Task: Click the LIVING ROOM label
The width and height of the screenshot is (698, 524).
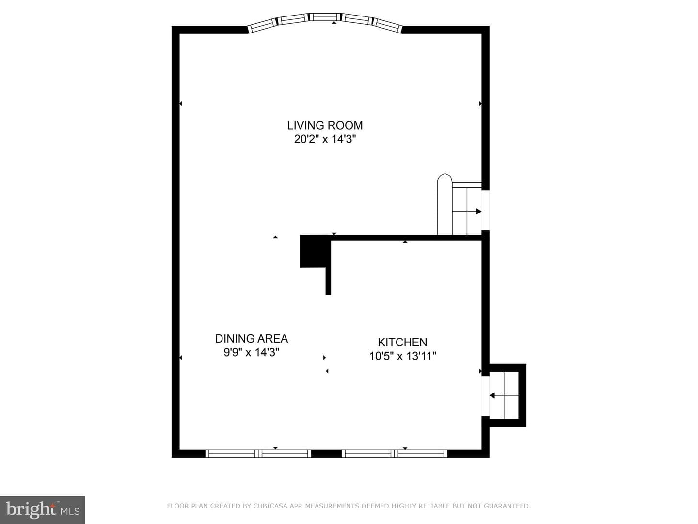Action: click(x=325, y=125)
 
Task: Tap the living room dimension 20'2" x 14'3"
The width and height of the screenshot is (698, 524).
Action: click(x=325, y=139)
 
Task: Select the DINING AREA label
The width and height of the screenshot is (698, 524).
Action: click(x=252, y=339)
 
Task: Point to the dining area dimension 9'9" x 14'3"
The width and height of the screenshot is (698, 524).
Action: click(x=252, y=353)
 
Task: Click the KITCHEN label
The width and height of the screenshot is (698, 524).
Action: click(x=402, y=343)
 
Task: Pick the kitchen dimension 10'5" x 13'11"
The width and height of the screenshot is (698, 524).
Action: click(x=403, y=356)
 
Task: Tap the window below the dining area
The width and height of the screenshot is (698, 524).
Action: click(x=258, y=453)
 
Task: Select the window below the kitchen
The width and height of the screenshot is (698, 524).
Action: click(x=394, y=453)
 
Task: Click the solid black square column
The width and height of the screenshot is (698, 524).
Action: click(x=313, y=251)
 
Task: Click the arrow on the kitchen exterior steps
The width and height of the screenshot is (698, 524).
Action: click(x=504, y=396)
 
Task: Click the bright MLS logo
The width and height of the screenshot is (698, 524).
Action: click(x=43, y=510)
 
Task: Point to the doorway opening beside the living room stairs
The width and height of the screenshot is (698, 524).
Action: click(x=485, y=210)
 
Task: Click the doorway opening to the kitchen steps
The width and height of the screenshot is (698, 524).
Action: click(x=485, y=396)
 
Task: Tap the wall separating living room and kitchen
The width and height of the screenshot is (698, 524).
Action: click(x=406, y=238)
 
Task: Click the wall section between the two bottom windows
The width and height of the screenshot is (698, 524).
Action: click(x=327, y=453)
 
